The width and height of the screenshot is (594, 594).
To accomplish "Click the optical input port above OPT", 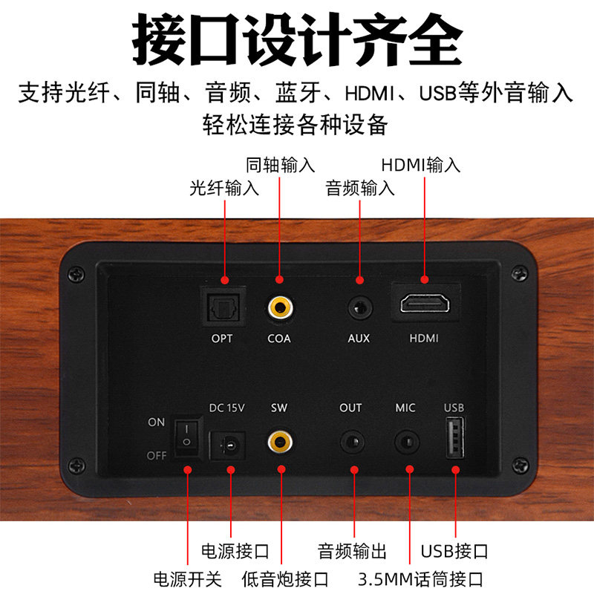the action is coord(223,307).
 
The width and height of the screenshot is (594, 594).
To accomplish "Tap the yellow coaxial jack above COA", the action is coord(280,307).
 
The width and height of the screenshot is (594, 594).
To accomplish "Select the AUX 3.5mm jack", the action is coord(359,307).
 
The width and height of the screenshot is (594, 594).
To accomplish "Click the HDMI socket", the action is coord(425,304).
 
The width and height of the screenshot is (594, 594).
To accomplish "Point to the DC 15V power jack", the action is coord(227,445).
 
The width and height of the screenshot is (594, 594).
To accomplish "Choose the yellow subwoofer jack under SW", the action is coord(280,442).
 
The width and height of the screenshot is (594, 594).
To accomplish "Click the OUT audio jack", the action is coord(352,442).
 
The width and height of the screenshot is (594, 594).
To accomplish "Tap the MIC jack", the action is coord(407,442).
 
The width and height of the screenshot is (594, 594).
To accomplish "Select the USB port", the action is coord(455,437).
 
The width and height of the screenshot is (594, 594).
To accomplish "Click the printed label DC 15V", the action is coord(227,408).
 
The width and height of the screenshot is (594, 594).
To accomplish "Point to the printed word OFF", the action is coord(157,455).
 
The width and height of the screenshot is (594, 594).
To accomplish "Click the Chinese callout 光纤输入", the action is coord(224,188).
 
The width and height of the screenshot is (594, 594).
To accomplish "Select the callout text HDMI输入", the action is coord(420,165).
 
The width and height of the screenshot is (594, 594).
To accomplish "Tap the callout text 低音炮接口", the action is coord(285,579).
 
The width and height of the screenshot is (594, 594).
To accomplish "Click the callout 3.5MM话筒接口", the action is coord(420,579).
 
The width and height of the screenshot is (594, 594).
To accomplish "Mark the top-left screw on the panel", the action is coord(76,274).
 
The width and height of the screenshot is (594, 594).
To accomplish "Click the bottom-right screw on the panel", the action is coord(520,466).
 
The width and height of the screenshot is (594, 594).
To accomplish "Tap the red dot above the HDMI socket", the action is coord(425,280).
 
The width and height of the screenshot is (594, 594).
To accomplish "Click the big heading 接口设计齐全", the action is coord(298,40).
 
